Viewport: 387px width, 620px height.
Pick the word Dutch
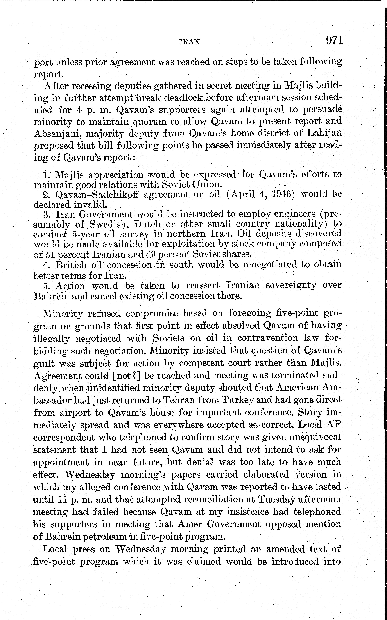[147, 224]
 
